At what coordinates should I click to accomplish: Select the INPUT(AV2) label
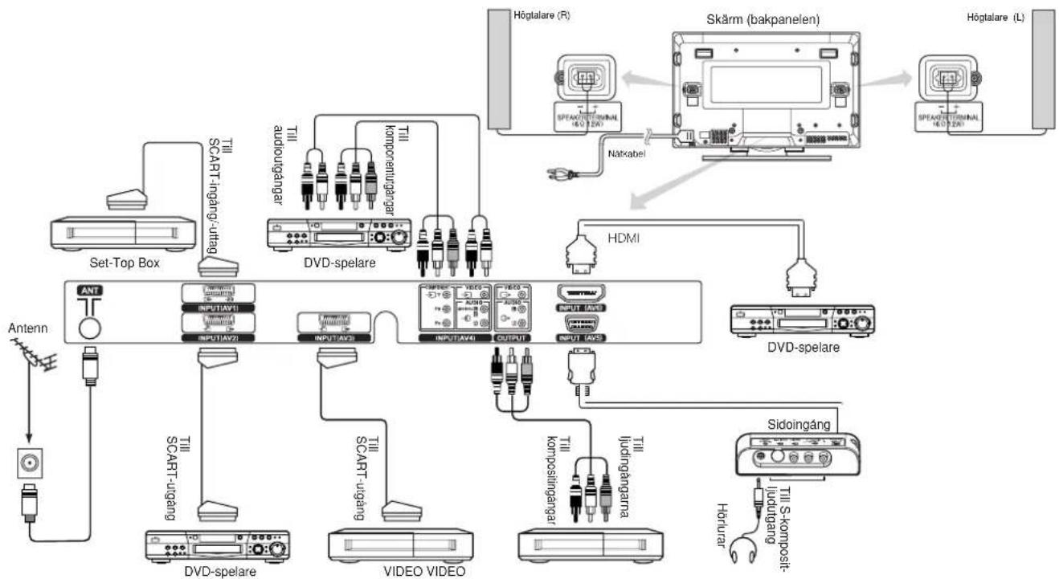[219, 339]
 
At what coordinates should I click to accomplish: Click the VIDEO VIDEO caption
[395, 571]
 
